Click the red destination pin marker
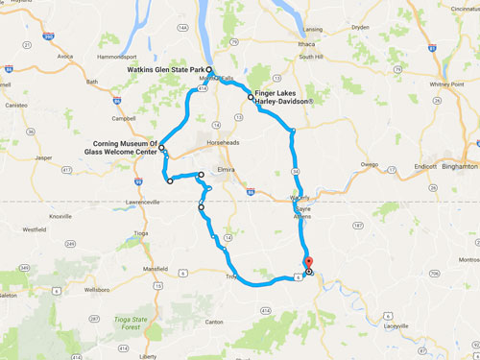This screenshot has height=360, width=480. coord(307,261)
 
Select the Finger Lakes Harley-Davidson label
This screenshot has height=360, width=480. coord(293,95)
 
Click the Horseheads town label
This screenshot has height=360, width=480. coord(224,142)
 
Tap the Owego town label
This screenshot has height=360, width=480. coord(370,164)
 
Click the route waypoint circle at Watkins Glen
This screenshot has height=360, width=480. coord(208,70)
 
